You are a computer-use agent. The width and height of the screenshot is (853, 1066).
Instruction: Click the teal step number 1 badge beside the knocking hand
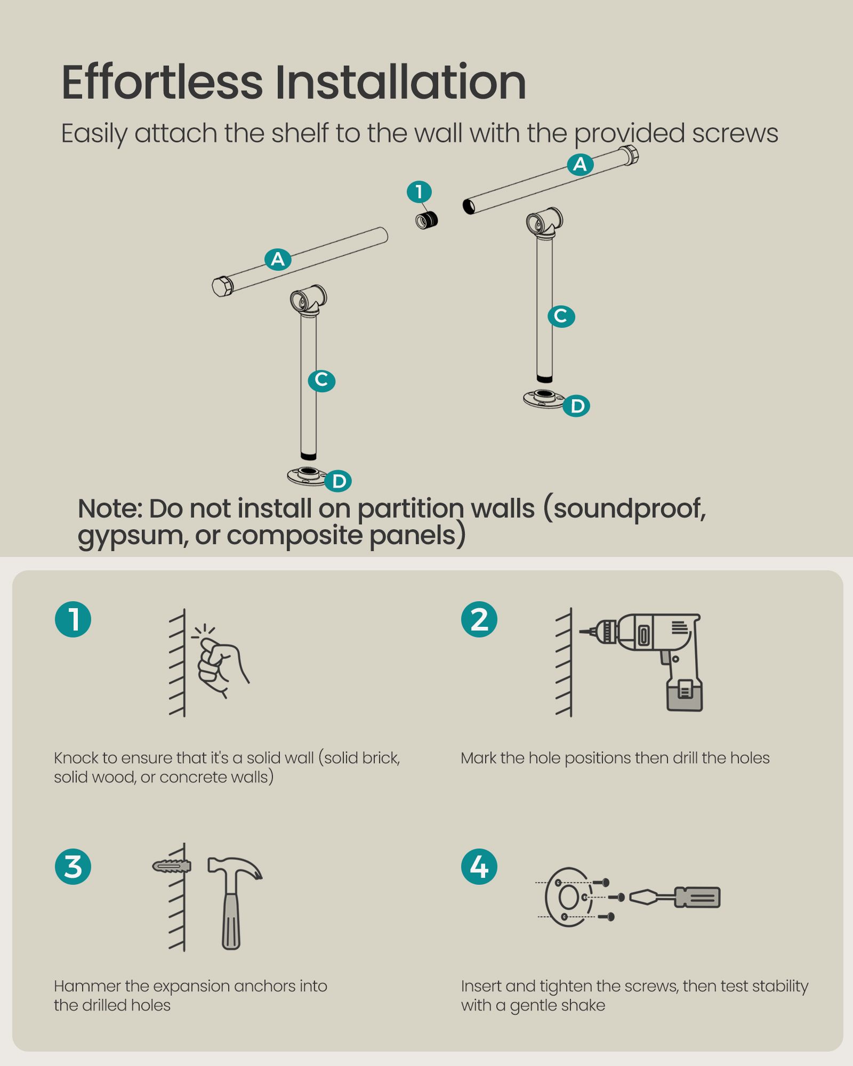tap(73, 619)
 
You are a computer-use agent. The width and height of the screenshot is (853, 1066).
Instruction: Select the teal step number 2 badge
tap(479, 619)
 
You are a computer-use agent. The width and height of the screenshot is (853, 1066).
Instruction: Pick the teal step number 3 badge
tap(73, 867)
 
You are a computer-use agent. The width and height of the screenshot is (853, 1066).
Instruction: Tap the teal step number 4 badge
tap(479, 867)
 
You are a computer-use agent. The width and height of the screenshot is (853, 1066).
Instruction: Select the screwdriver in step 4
tap(675, 897)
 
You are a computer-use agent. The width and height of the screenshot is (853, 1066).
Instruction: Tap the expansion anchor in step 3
tap(171, 866)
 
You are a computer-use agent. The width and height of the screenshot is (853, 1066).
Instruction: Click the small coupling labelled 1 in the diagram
tap(427, 220)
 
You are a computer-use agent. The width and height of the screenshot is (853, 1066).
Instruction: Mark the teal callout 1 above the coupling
tap(419, 191)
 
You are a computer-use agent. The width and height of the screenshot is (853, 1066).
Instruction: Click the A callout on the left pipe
tap(278, 259)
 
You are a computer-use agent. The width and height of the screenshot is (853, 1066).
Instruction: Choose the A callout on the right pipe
tap(580, 164)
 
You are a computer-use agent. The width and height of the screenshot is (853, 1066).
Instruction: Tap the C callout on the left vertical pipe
tap(321, 380)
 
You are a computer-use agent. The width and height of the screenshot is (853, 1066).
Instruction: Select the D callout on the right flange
tap(577, 406)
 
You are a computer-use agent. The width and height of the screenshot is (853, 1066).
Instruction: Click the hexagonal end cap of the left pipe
tap(222, 286)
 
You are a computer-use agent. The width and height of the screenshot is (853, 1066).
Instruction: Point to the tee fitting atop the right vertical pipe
tap(544, 222)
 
